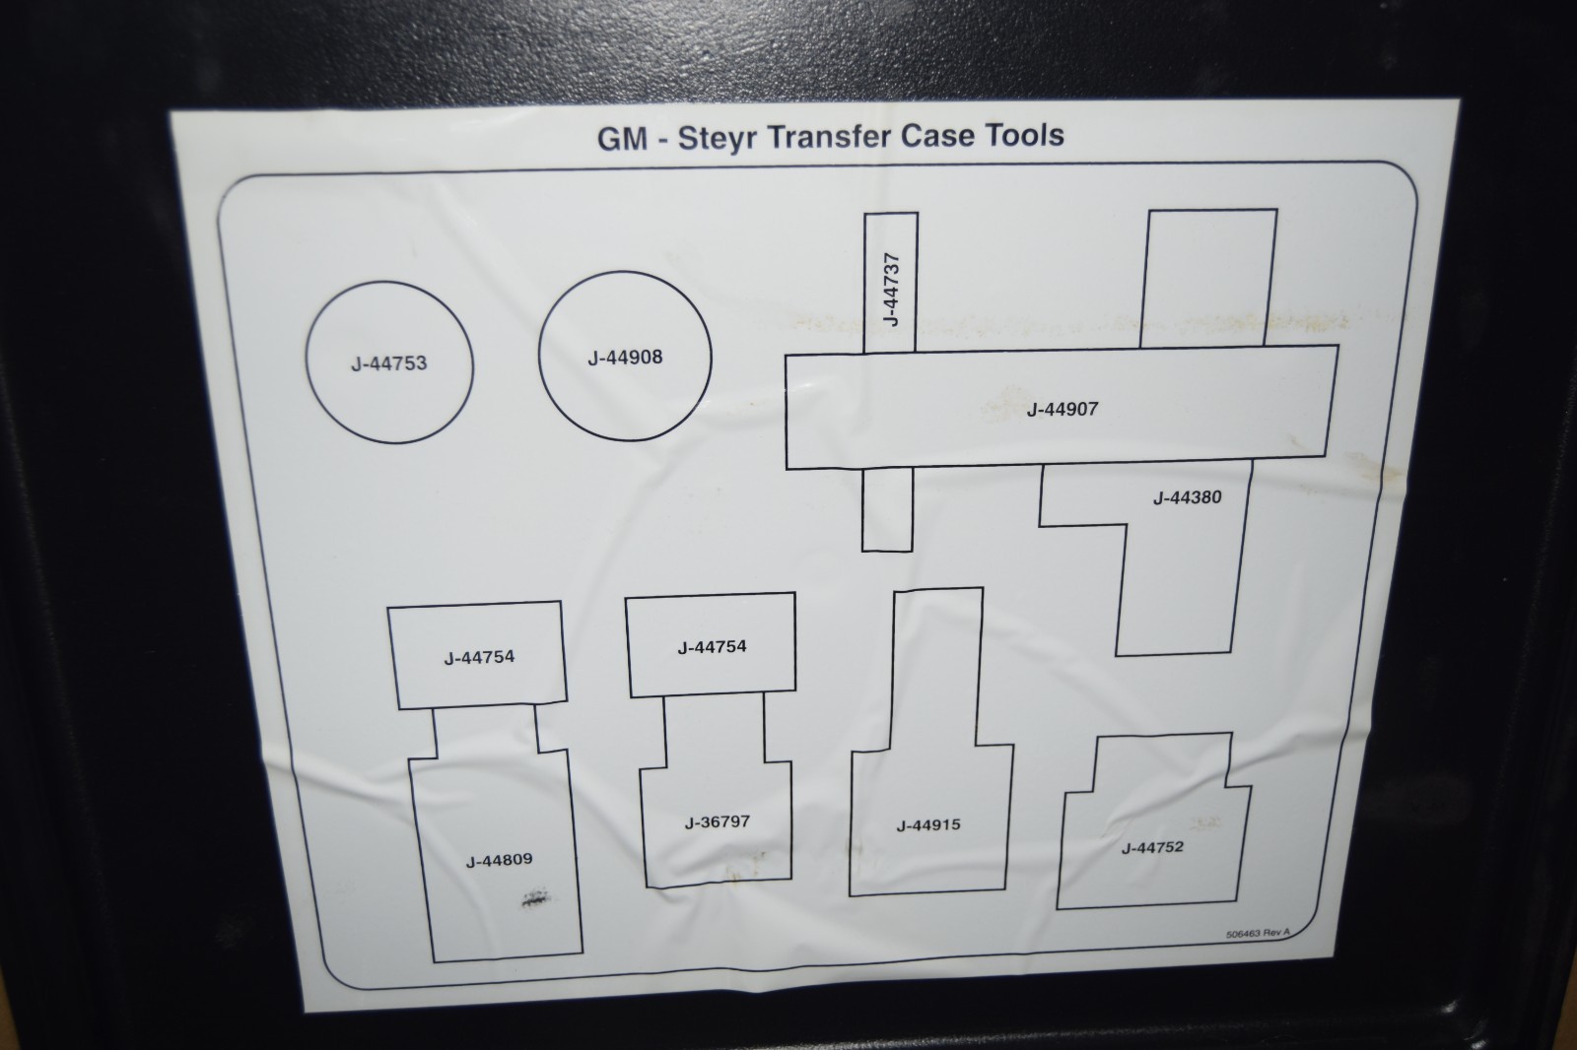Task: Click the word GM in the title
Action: pyautogui.click(x=622, y=139)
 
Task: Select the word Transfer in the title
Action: pyautogui.click(x=829, y=136)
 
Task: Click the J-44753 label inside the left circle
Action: pyautogui.click(x=388, y=363)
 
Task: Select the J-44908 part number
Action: pyautogui.click(x=625, y=358)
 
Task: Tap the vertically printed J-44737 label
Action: pyautogui.click(x=891, y=290)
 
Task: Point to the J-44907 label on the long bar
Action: pyautogui.click(x=1063, y=409)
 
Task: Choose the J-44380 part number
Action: pyautogui.click(x=1187, y=497)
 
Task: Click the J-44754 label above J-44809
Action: pyautogui.click(x=479, y=657)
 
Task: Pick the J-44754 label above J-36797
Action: pyautogui.click(x=712, y=647)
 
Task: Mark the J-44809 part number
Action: pyautogui.click(x=499, y=860)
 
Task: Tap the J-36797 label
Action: pyautogui.click(x=718, y=821)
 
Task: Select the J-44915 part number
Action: pyautogui.click(x=927, y=824)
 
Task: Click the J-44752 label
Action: pyautogui.click(x=1152, y=847)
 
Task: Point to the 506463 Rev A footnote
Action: pyautogui.click(x=1258, y=933)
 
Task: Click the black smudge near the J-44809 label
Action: pyautogui.click(x=536, y=896)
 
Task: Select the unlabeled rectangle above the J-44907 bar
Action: pyautogui.click(x=1209, y=278)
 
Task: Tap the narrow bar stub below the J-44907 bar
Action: pyautogui.click(x=887, y=509)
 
